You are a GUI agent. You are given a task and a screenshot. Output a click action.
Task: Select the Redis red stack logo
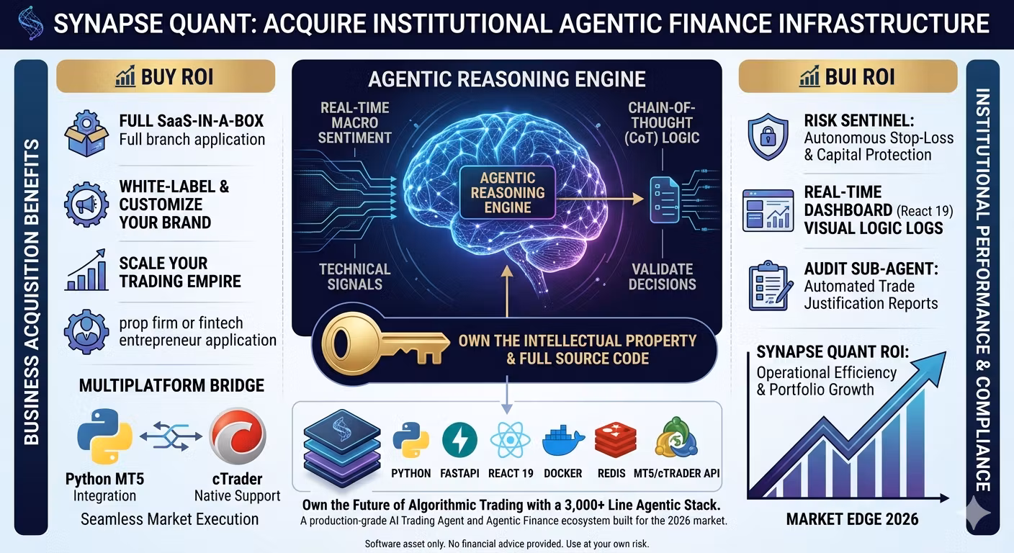click(615, 440)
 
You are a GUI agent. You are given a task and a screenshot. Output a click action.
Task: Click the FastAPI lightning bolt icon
click(459, 440)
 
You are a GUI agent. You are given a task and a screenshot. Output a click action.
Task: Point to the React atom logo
click(510, 440)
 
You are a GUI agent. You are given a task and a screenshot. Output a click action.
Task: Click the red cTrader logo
click(238, 436)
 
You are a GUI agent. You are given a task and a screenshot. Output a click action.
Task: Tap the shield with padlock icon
click(768, 136)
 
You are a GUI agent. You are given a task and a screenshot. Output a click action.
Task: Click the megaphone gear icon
click(86, 204)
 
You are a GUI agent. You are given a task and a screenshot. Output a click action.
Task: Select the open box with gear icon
click(86, 133)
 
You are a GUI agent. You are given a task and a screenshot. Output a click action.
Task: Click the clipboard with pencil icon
click(771, 286)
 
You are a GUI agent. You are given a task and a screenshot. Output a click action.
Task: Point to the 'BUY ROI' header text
click(177, 76)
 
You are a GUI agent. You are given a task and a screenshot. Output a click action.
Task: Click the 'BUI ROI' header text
click(860, 76)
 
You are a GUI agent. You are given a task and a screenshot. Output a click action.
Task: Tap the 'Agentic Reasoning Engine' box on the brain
click(508, 193)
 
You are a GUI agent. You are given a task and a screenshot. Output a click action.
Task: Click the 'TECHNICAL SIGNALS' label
click(354, 276)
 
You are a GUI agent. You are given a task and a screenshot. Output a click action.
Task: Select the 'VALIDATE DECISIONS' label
click(663, 276)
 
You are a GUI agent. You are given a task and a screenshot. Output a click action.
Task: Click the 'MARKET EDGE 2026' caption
click(852, 519)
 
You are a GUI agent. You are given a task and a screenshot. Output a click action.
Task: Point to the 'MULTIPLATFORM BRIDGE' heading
click(171, 385)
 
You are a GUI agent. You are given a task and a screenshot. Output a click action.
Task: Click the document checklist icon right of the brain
click(665, 199)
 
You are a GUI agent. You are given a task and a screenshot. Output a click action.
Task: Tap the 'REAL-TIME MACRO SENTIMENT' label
click(354, 122)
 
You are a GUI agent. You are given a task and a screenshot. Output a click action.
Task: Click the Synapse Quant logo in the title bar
click(30, 24)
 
